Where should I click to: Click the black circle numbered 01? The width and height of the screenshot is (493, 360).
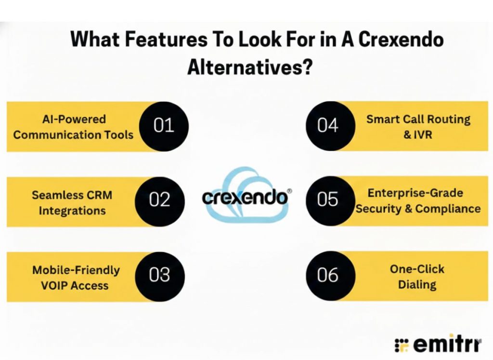coord(164,126)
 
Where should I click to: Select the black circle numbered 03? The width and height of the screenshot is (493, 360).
coord(160,275)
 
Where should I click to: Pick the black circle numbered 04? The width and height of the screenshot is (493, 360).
coord(328,126)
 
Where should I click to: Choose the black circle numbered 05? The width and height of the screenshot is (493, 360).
coord(328,200)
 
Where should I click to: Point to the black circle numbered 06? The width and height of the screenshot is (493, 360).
coord(328,275)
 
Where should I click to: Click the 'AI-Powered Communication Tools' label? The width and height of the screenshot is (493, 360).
coord(73,127)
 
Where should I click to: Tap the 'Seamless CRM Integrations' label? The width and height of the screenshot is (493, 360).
coord(72,203)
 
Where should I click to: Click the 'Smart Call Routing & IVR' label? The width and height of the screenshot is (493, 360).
coord(418,126)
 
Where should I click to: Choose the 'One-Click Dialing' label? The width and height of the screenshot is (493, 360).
coord(417,277)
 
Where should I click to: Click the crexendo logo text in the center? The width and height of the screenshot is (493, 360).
coord(245,198)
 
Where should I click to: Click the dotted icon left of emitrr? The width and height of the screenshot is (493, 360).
coord(401,345)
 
